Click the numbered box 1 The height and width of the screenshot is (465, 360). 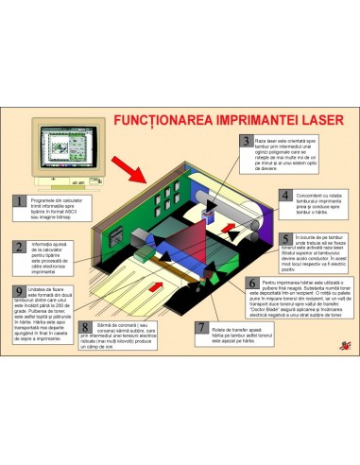[x=20, y=201]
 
